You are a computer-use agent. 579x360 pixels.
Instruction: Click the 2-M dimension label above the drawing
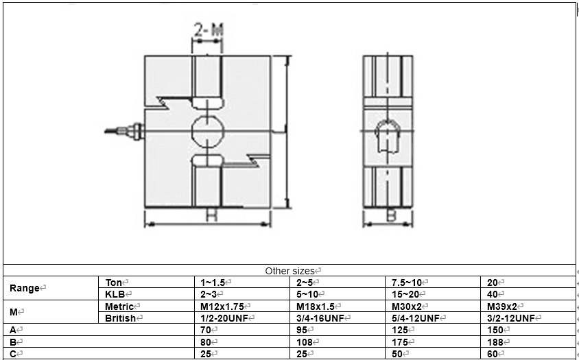point(207,30)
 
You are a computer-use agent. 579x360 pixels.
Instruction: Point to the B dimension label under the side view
point(390,215)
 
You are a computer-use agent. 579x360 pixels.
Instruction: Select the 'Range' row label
point(25,288)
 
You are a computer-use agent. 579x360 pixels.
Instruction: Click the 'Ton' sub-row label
point(114,282)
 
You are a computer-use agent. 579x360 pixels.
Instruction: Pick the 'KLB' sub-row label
point(115,293)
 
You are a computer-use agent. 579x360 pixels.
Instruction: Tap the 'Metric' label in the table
point(120,306)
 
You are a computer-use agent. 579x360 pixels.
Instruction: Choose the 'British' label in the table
point(121,317)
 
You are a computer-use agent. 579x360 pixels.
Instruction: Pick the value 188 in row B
point(495,341)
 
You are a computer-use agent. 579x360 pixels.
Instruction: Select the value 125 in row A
point(400,329)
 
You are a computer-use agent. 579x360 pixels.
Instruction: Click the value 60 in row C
point(493,353)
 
